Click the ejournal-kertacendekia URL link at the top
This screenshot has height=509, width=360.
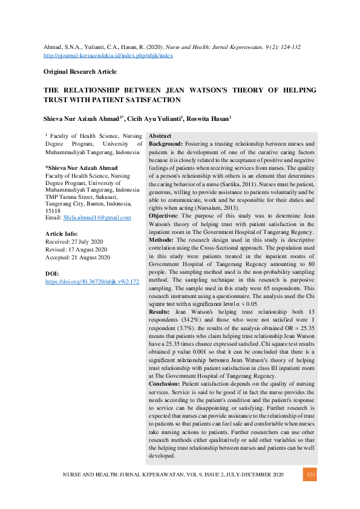click(108, 55)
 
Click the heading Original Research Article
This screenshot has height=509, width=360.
click(80, 72)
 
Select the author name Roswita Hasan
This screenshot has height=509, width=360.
click(211, 119)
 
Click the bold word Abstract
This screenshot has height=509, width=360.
click(160, 137)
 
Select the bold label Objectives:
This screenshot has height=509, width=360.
click(165, 215)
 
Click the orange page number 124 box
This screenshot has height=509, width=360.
click(311, 476)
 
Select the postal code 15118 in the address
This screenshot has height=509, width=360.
click(53, 210)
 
